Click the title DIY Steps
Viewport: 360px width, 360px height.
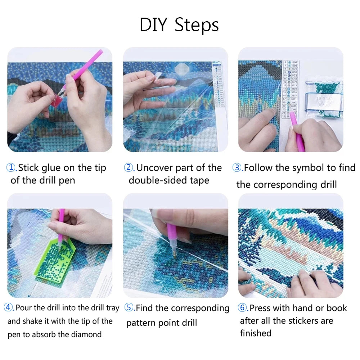click(179, 25)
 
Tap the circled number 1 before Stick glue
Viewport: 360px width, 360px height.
click(12, 168)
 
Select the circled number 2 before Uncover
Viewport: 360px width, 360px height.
click(129, 168)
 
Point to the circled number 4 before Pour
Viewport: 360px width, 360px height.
click(9, 308)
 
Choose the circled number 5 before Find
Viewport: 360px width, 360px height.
click(129, 308)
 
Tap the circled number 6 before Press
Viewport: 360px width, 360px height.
click(242, 308)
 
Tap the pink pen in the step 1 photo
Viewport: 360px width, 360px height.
click(88, 65)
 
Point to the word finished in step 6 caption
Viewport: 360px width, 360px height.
click(255, 333)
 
